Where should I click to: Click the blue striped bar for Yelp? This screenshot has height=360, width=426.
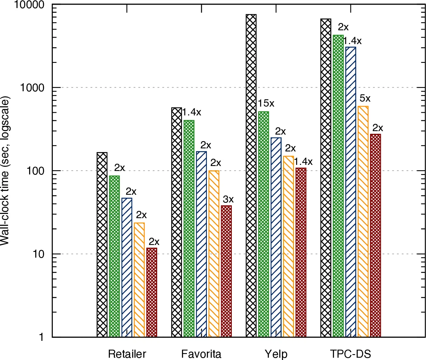276,237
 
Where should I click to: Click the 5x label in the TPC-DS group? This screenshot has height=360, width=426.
365,98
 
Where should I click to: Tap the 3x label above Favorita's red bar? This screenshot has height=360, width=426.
228,199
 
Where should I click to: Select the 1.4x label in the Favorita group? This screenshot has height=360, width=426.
192,112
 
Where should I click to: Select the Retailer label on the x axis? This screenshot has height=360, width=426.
127,353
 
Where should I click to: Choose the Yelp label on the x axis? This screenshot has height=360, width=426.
276,353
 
